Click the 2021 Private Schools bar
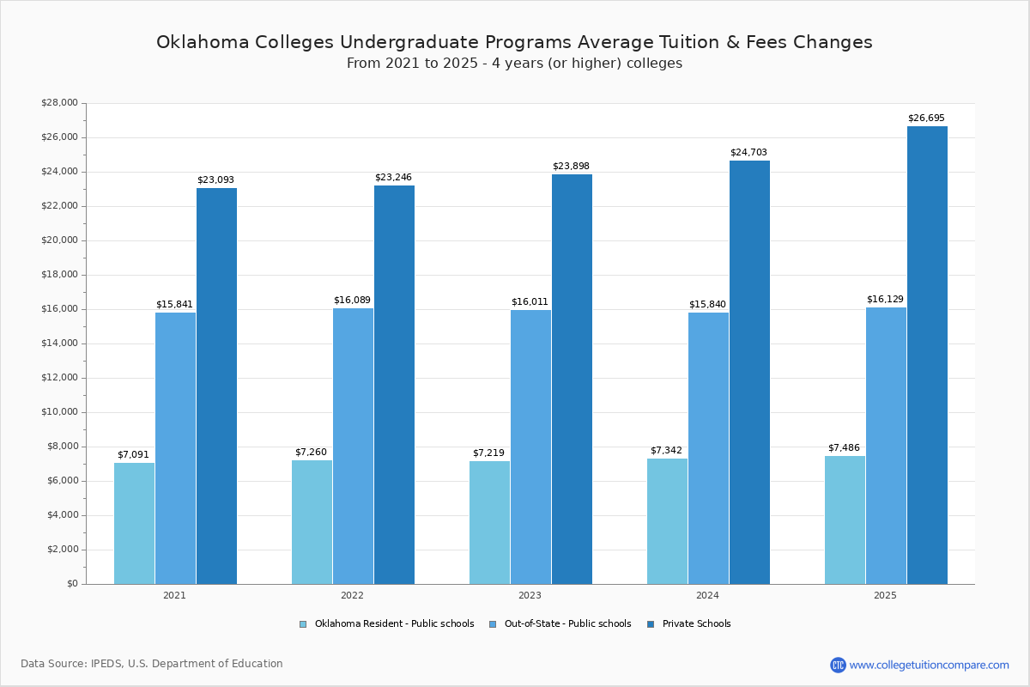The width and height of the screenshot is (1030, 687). click(216, 386)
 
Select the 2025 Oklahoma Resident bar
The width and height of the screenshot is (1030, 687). click(845, 520)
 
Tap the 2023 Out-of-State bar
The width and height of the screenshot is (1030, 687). click(530, 447)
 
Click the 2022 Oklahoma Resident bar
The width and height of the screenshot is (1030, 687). click(312, 522)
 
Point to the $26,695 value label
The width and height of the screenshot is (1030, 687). click(926, 119)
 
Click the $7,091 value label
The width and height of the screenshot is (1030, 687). click(133, 455)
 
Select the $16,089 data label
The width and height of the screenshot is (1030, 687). click(352, 301)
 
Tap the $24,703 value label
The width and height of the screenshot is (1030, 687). click(748, 153)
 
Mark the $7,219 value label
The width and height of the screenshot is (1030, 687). click(488, 453)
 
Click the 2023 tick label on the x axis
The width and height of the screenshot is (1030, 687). click(530, 595)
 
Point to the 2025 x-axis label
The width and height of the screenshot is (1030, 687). click(885, 595)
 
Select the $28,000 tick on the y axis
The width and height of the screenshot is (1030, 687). click(59, 103)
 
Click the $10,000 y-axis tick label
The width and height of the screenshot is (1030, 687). click(59, 412)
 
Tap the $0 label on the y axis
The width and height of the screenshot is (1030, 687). click(72, 584)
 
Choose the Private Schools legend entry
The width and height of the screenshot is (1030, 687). click(696, 624)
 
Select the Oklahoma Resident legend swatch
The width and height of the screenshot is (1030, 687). click(303, 624)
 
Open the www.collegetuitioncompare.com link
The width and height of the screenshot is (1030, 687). click(929, 665)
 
